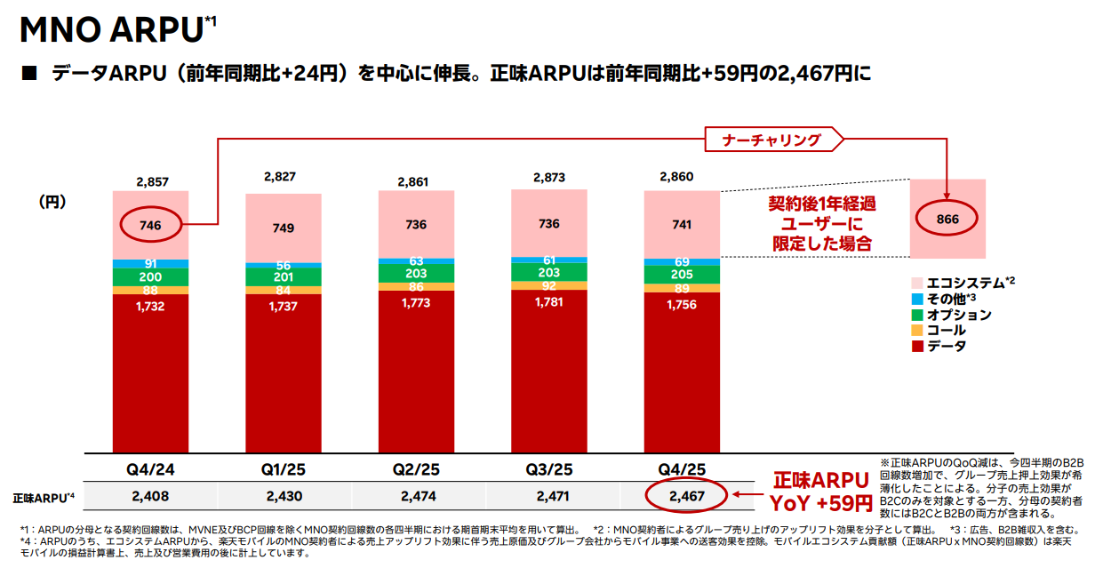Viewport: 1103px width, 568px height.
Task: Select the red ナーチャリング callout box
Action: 771,140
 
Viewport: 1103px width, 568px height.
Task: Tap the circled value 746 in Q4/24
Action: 149,226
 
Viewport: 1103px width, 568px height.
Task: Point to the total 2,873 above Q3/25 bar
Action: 549,178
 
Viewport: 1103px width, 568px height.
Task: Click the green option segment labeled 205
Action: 681,276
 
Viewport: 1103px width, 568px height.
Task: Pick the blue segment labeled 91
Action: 149,264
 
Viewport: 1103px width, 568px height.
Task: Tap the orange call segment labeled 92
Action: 548,286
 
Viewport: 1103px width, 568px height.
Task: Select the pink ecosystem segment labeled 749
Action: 283,228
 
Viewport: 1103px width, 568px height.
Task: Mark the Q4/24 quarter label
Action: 149,468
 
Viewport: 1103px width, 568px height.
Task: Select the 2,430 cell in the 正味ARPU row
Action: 283,496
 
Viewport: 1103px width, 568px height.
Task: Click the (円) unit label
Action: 53,202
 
